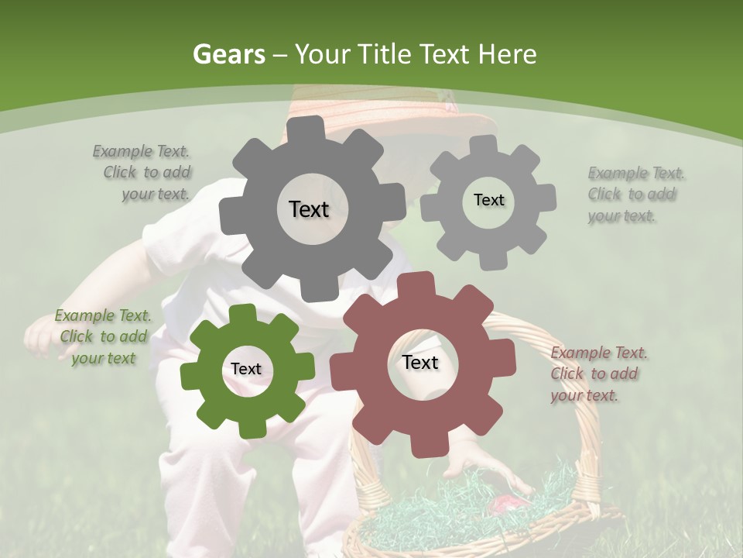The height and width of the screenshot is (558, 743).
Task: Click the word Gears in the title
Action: (228, 54)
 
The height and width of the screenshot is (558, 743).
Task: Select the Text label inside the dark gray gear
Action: (309, 209)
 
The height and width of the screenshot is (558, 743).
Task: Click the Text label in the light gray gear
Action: (488, 200)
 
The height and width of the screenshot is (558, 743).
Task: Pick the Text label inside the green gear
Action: (246, 369)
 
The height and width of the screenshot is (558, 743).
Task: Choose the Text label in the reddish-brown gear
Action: (420, 362)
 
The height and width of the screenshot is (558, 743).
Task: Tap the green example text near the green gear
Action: (103, 336)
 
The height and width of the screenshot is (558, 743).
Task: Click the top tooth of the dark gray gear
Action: (310, 127)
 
